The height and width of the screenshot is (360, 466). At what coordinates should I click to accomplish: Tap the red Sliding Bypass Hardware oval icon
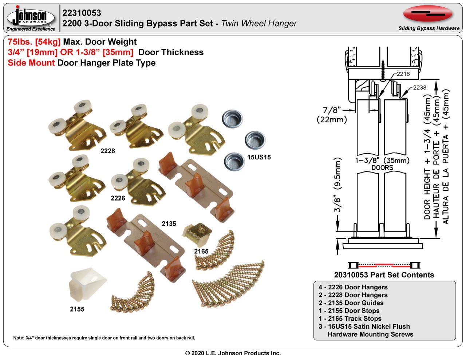[428, 13]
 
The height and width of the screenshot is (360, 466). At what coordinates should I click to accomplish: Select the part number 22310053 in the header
[82, 13]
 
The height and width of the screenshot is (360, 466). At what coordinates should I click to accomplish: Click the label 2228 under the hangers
[108, 151]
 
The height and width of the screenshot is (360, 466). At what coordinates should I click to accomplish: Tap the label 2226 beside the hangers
[118, 198]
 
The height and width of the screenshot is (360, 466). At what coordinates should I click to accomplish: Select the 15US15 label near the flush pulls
[259, 158]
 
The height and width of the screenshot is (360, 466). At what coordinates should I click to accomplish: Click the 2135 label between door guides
[169, 223]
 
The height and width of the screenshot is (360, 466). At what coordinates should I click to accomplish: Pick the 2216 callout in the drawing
[403, 74]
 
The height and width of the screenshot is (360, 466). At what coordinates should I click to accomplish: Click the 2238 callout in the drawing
[419, 87]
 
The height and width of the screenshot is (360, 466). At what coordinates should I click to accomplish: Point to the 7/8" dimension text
[331, 110]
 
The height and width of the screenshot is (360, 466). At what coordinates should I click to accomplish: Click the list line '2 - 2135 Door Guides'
[351, 303]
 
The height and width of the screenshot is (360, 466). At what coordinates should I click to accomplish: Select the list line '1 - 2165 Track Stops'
[350, 319]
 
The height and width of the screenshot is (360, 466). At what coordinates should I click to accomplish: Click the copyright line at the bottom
[233, 353]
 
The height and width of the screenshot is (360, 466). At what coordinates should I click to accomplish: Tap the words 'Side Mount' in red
[31, 63]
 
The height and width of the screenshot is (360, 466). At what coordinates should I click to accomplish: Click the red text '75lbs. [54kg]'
[34, 42]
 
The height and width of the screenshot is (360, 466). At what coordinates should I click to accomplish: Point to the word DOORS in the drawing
[383, 167]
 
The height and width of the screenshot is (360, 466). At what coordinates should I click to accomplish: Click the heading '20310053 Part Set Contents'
[384, 275]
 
